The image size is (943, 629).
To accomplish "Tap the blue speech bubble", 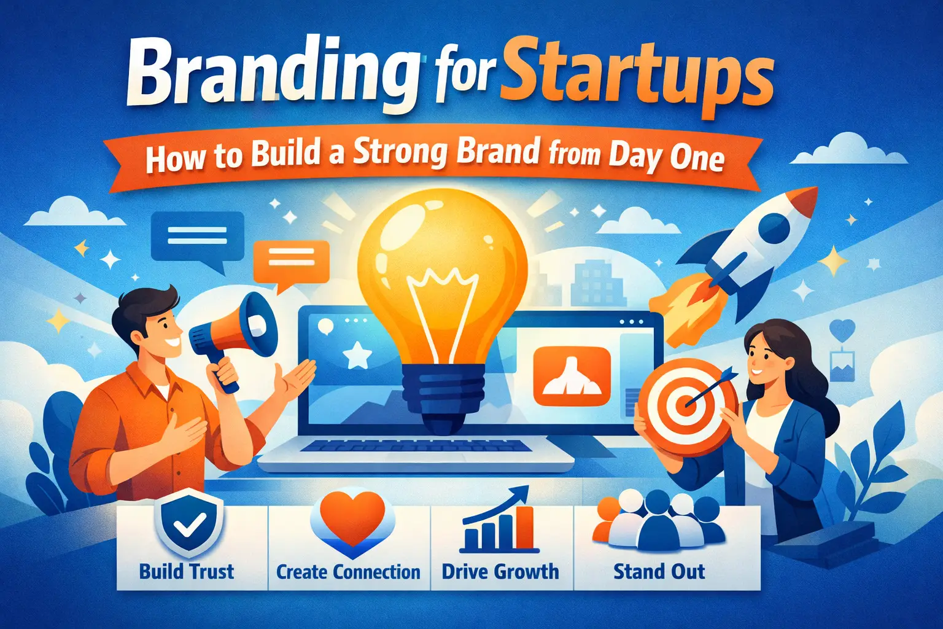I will point(197,236).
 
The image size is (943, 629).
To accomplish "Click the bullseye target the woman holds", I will point(688,405).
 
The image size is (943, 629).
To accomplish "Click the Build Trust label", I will point(187,572).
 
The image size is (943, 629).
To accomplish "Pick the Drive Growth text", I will point(500,572).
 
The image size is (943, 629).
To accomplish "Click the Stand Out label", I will point(659,572).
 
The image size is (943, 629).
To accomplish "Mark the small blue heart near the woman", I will point(842,330).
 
